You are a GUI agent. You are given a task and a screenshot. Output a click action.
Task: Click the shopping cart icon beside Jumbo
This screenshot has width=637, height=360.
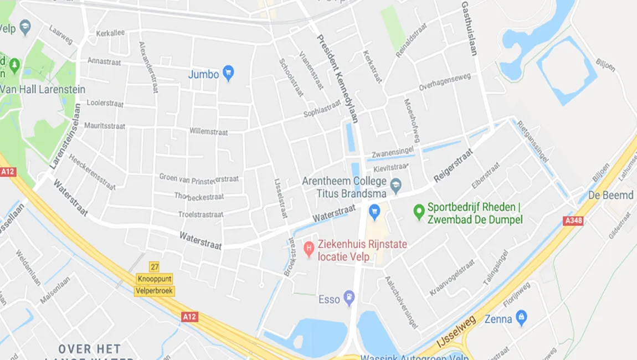point(228,73)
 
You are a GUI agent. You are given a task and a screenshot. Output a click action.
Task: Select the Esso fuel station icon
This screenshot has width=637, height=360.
point(348,298)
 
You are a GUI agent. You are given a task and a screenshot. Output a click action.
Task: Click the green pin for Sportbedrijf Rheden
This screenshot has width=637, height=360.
point(419,210)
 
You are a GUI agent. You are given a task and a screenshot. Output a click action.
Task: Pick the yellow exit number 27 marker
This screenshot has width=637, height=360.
point(155,267)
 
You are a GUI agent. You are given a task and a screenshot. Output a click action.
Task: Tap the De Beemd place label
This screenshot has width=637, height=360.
point(610,195)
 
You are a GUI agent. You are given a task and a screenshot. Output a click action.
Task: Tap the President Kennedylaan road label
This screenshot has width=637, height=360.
point(337,78)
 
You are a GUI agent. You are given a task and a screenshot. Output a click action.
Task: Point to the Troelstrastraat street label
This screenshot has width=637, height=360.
point(201,214)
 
